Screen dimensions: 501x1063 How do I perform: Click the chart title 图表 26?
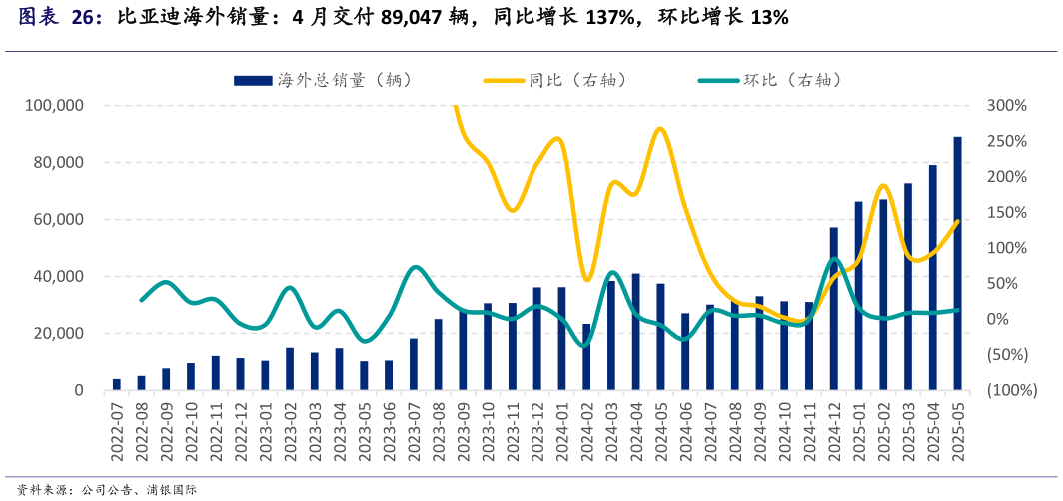(x=60, y=18)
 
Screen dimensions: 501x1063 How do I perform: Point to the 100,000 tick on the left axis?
(x=55, y=105)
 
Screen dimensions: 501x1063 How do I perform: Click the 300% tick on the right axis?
(x=1006, y=105)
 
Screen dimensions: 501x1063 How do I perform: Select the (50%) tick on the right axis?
(x=1006, y=355)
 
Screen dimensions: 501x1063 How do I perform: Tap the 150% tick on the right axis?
(x=1006, y=212)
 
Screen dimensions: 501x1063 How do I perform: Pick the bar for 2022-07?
(x=117, y=384)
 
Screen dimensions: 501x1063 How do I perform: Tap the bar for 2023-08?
(x=438, y=355)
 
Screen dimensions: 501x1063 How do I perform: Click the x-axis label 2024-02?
(x=586, y=430)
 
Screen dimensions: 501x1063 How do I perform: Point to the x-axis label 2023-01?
(x=265, y=430)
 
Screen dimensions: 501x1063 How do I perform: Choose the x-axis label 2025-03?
(x=908, y=430)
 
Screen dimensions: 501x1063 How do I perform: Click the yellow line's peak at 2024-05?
(x=659, y=128)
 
